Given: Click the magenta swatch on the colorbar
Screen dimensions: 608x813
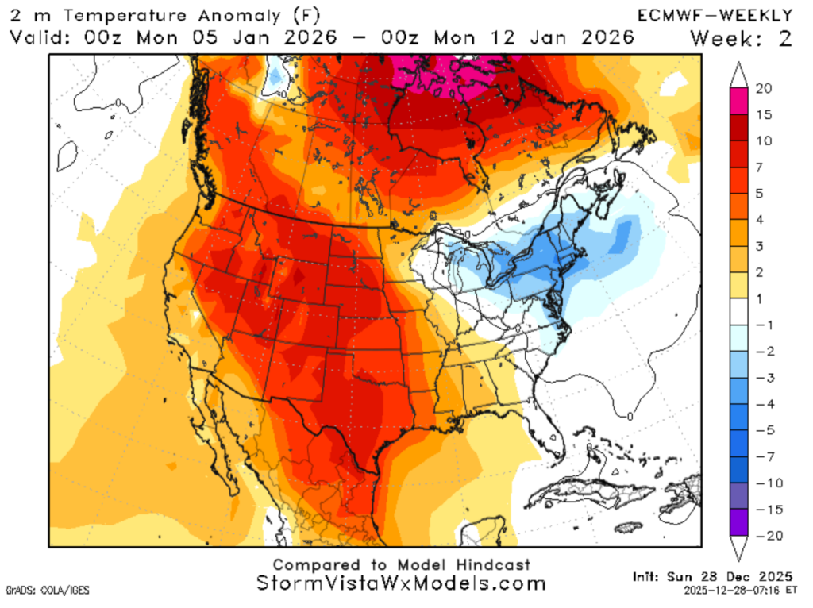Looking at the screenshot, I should point(738,102).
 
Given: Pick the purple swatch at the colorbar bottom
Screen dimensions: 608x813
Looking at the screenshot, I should point(738,522).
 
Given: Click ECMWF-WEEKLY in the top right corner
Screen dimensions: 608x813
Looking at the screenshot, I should point(715,15).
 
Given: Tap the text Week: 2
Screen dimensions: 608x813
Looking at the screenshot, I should point(740,37).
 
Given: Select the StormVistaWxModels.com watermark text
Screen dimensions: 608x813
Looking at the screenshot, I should point(402,583).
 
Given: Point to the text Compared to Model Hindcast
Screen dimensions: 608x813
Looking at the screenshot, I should point(401,564).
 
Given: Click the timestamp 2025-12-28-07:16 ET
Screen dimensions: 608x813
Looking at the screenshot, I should point(739,591).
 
